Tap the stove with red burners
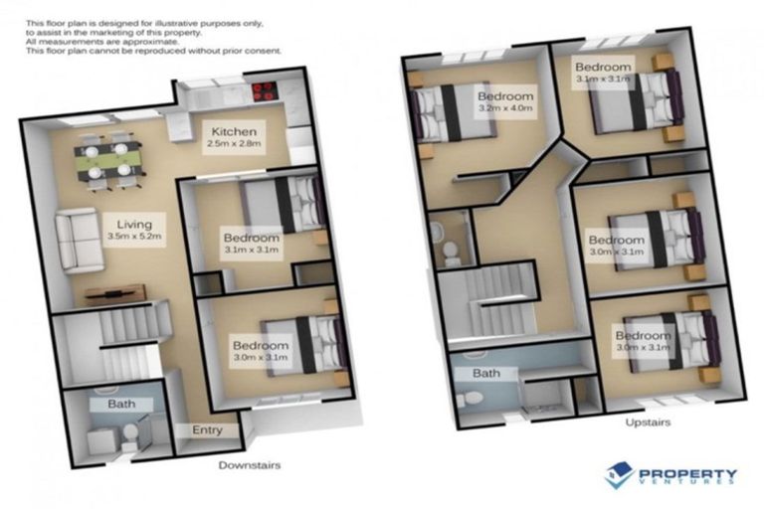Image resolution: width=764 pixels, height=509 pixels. pos(264,91)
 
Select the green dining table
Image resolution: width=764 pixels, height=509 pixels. pos(108,156)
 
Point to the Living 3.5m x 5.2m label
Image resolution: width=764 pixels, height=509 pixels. pos(133,231)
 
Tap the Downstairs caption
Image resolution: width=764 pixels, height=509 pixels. pos(250,464)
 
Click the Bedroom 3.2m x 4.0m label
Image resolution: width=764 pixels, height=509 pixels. pos(505,103)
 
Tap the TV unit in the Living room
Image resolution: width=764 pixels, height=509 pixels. pos(114,292)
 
